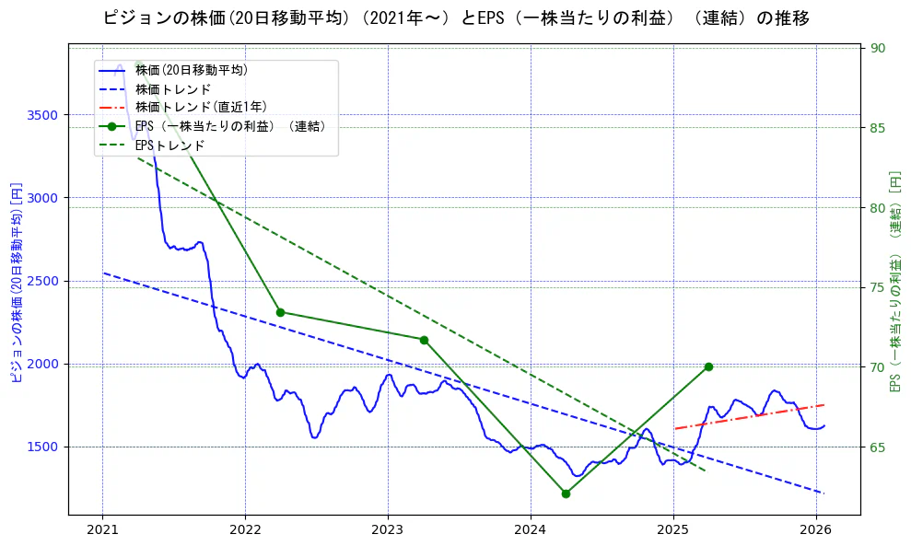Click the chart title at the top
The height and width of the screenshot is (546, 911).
click(456, 17)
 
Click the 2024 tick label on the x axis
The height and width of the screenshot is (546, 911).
click(531, 530)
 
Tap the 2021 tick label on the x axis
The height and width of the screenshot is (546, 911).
click(102, 530)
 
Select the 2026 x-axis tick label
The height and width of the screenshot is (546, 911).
click(816, 530)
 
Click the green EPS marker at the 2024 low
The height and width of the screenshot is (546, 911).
click(566, 494)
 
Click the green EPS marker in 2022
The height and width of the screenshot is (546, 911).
click(280, 312)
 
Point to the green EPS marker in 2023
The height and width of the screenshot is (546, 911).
click(424, 340)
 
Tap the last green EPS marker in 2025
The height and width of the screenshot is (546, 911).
click(708, 366)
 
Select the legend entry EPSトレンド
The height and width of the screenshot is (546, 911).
click(169, 145)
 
